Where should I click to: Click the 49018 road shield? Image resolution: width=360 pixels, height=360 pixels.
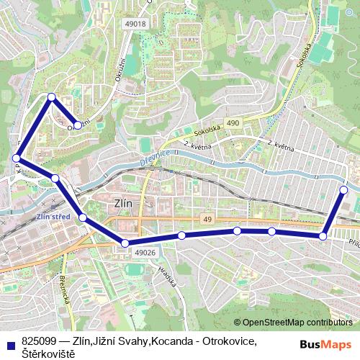(x=135, y=24)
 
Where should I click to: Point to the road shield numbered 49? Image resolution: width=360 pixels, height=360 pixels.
(x=207, y=219)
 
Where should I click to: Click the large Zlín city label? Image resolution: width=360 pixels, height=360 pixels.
(x=124, y=203)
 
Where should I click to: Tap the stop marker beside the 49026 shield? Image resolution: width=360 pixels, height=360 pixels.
(x=125, y=244)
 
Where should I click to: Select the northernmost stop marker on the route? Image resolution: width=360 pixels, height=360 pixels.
(x=51, y=97)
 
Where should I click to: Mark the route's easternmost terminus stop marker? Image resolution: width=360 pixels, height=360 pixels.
(x=343, y=190)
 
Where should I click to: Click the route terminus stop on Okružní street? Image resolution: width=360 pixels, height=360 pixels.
(x=77, y=125)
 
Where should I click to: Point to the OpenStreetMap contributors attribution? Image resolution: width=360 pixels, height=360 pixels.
(x=297, y=322)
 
